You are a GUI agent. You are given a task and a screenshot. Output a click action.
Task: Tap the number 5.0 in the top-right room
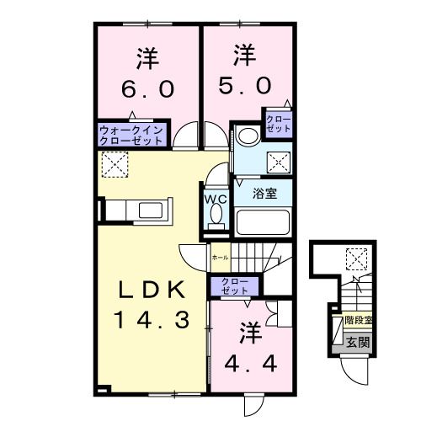click(x=245, y=85)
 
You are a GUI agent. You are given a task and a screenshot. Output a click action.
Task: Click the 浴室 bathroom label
click(x=265, y=194)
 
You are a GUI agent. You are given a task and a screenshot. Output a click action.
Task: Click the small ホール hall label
click(x=219, y=256)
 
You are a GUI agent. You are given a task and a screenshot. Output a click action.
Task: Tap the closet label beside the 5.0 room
click(x=279, y=123)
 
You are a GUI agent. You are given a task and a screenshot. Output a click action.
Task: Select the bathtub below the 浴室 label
click(x=263, y=222)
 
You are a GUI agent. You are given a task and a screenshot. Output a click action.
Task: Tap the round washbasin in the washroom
click(x=247, y=136)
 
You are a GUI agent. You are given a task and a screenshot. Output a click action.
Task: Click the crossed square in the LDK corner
click(x=113, y=164)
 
